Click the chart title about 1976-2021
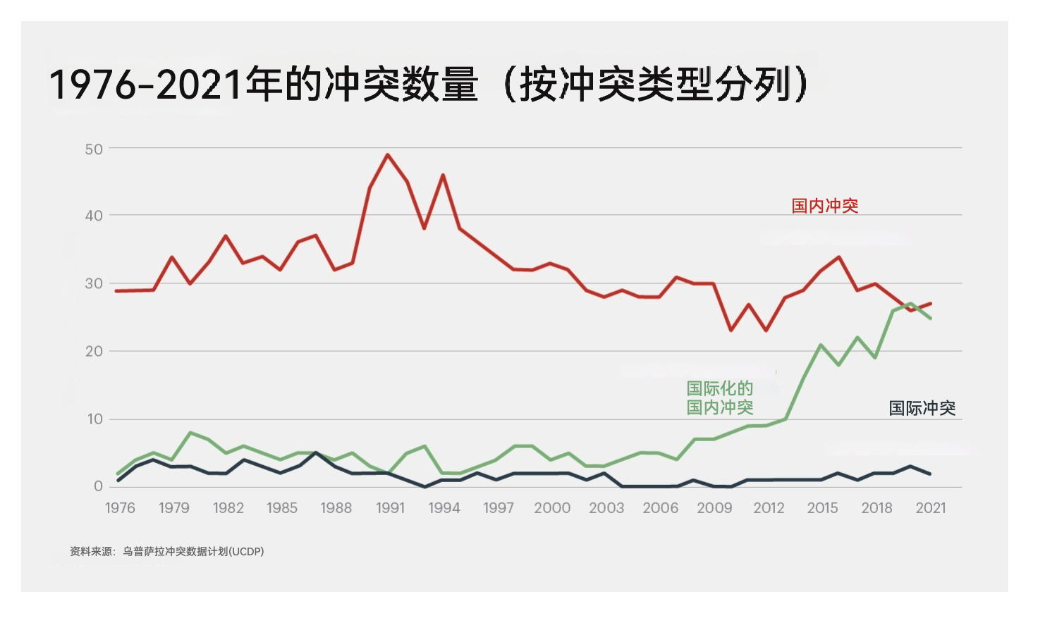click(429, 85)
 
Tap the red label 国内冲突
click(824, 206)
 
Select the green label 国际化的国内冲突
click(720, 398)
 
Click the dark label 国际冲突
click(922, 408)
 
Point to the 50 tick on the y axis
click(94, 149)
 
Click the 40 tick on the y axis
click(94, 216)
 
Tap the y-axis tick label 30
click(94, 284)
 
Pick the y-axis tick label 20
click(94, 351)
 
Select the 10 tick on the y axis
click(94, 419)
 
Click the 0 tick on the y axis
click(98, 486)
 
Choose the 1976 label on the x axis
click(120, 508)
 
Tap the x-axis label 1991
click(390, 508)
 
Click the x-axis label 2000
click(552, 508)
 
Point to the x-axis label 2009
click(714, 508)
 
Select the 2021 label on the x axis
click(930, 508)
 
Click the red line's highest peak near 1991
click(388, 155)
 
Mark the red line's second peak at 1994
click(443, 175)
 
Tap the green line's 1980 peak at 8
click(190, 433)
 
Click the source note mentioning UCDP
click(166, 551)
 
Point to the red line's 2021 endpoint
click(931, 304)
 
